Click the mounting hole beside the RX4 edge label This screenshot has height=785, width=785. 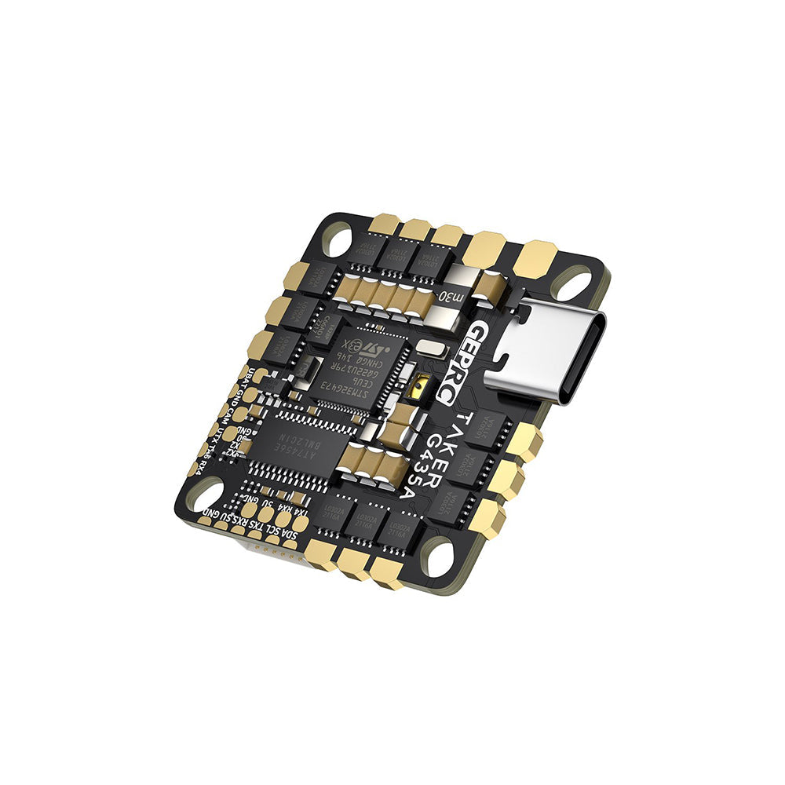(x=203, y=494)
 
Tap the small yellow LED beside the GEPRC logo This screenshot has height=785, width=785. (x=421, y=385)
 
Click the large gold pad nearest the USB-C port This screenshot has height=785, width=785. (x=535, y=257)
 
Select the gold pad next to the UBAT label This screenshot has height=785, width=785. (x=260, y=375)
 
